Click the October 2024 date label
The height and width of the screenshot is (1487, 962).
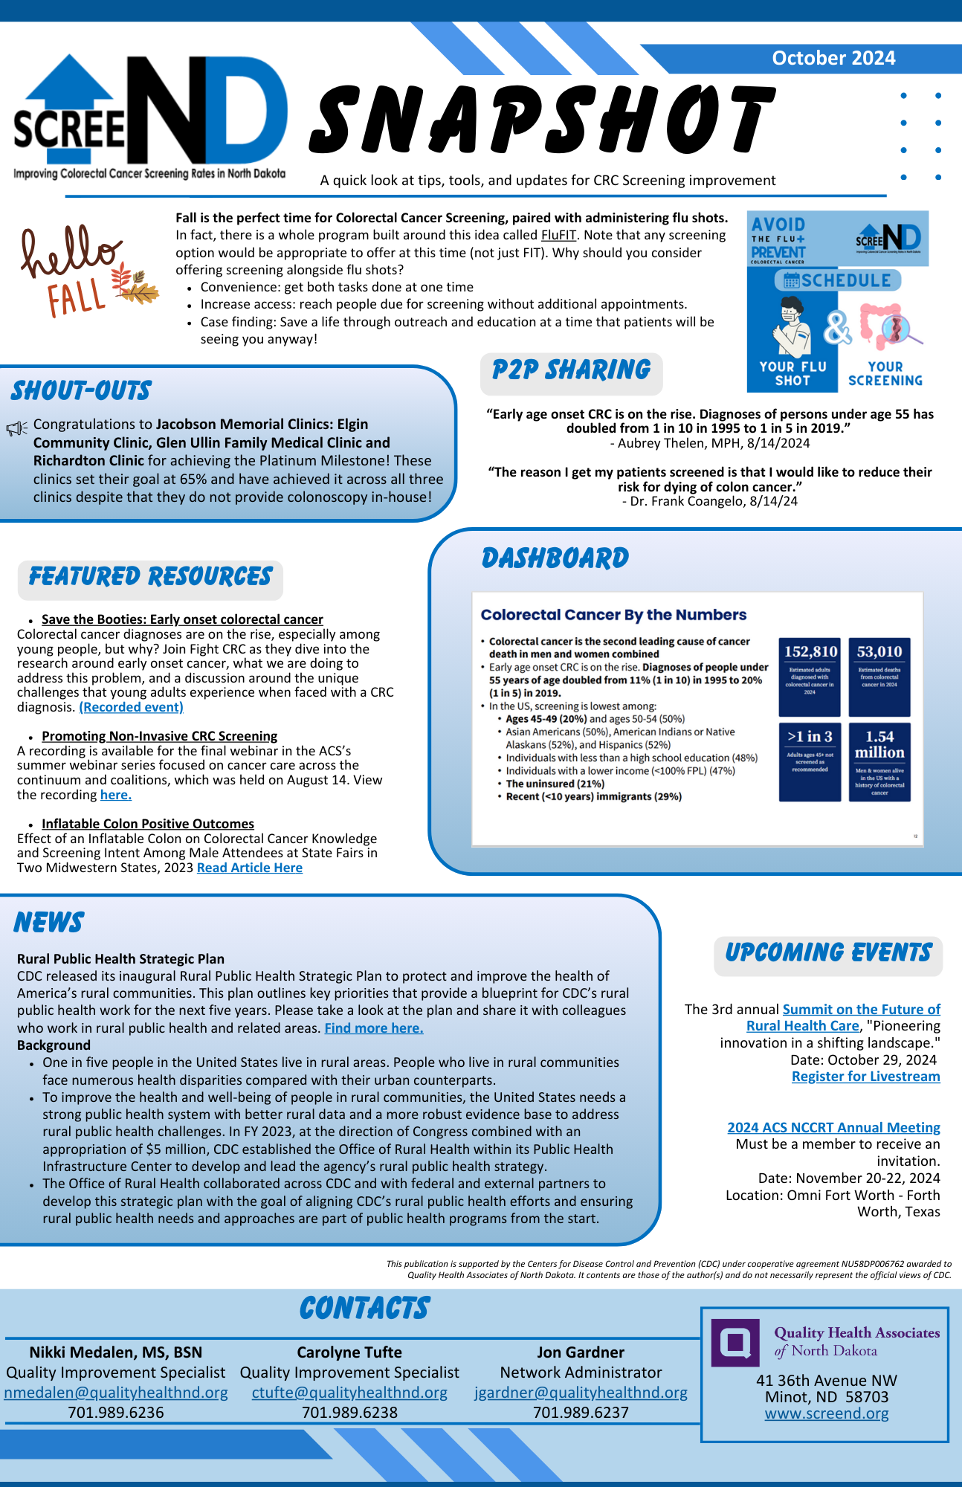click(833, 58)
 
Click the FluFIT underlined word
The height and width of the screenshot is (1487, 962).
click(558, 235)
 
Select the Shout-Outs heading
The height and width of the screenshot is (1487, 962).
click(81, 391)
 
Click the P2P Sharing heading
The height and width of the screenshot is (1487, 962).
click(571, 370)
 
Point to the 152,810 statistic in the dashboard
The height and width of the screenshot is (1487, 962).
click(810, 652)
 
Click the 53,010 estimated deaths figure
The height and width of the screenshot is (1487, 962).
click(879, 652)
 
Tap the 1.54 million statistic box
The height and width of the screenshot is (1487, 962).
click(879, 745)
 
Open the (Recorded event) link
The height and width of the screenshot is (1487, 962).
click(131, 707)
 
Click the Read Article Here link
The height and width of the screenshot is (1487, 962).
click(249, 868)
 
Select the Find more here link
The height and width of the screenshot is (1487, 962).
click(374, 1028)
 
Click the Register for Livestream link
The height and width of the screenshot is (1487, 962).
click(865, 1077)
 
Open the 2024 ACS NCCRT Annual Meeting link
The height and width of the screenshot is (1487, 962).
click(833, 1128)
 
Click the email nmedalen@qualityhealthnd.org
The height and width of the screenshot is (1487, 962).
click(116, 1393)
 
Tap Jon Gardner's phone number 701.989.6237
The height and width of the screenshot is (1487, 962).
click(581, 1413)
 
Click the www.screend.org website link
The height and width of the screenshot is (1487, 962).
click(827, 1413)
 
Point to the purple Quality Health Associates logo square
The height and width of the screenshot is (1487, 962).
click(735, 1342)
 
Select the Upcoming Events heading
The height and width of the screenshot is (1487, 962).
click(828, 954)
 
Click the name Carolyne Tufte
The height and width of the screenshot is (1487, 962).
click(349, 1352)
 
